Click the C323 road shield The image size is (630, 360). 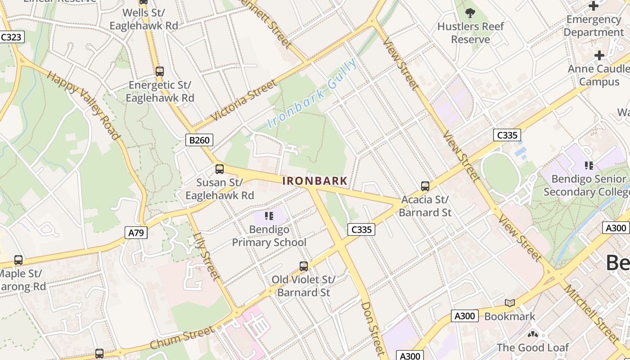11,37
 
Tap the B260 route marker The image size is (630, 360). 199,140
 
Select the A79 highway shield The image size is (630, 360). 135,233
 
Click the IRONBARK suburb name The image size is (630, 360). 315,181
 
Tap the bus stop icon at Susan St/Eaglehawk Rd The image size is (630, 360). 220,169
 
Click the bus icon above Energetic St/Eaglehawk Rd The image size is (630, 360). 159,71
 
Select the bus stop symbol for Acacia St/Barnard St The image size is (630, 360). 425,186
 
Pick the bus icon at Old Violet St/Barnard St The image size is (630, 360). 304,266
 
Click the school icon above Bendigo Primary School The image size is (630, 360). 269,216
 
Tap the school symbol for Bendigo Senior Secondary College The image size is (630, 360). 589,166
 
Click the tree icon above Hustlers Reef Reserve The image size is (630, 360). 470,13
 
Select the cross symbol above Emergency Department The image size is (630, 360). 594,6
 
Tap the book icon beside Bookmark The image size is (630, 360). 509,303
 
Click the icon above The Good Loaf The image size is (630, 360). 532,335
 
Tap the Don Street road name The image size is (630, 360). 373,328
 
